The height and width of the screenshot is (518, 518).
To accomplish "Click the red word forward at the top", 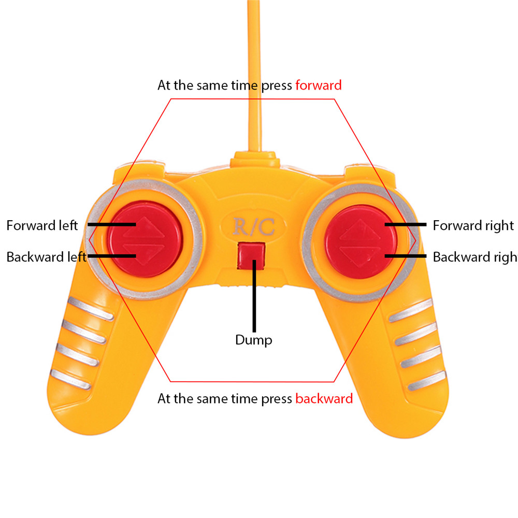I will coord(318,85).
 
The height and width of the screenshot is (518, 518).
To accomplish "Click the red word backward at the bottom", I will coord(324,399).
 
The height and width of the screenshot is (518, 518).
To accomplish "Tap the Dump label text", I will coord(253,340).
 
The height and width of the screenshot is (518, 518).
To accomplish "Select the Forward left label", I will coord(42,226).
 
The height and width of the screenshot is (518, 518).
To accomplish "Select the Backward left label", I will coord(46,257).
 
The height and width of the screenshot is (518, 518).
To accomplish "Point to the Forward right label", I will coord(473,226).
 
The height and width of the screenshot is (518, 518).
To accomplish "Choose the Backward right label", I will coord(474,257).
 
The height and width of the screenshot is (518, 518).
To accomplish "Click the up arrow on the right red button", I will coord(361,228).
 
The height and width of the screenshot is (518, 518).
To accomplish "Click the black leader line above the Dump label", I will coord(254,295).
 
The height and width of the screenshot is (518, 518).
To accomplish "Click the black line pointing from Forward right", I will coord(405,225).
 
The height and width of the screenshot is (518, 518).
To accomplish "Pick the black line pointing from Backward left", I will coord(111,256).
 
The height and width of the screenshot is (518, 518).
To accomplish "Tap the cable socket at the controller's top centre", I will coord(254,157).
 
